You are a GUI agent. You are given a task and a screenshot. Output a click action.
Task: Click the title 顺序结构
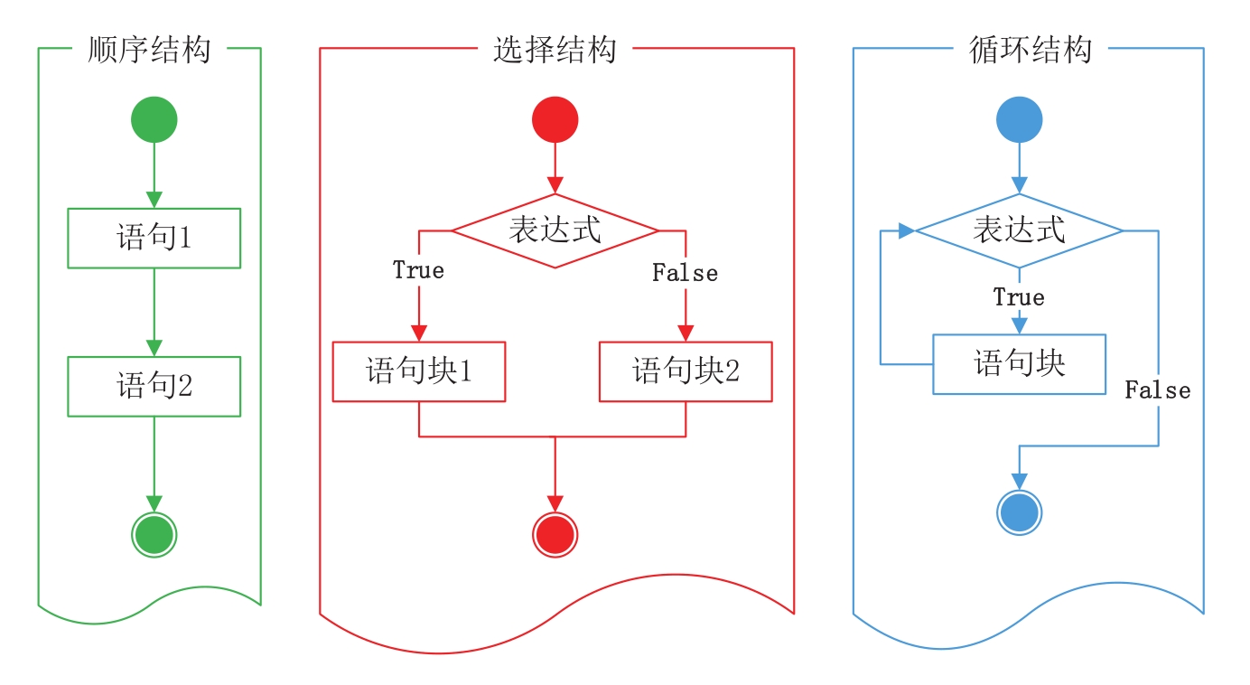click(149, 49)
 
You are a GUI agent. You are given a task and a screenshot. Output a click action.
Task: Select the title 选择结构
click(555, 49)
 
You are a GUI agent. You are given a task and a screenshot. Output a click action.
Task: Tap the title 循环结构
click(1031, 49)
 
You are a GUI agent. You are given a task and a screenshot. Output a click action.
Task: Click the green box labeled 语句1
click(154, 239)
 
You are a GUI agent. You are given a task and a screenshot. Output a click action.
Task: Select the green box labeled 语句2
click(154, 387)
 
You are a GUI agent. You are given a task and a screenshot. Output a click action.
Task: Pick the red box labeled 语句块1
click(419, 371)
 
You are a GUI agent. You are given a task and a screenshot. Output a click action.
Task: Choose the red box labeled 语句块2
click(686, 371)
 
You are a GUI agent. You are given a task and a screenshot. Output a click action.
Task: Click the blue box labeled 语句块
click(1019, 364)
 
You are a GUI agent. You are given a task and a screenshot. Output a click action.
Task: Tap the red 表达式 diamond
click(555, 230)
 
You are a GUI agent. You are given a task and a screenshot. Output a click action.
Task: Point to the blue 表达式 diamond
click(1019, 230)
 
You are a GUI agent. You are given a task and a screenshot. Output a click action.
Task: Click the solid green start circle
click(154, 120)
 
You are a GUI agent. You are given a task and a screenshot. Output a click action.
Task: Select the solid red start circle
click(555, 120)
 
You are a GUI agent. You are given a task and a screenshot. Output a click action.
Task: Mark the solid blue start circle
click(1019, 120)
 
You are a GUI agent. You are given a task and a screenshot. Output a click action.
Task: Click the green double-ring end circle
click(154, 535)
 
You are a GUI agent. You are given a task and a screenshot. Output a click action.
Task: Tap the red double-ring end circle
click(555, 535)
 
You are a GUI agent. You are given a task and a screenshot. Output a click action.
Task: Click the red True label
click(418, 270)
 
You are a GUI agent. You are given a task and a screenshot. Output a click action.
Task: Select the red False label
click(685, 273)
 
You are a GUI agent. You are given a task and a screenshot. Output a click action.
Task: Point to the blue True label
click(1019, 297)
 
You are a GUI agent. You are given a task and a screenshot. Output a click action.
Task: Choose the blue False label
click(1157, 390)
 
